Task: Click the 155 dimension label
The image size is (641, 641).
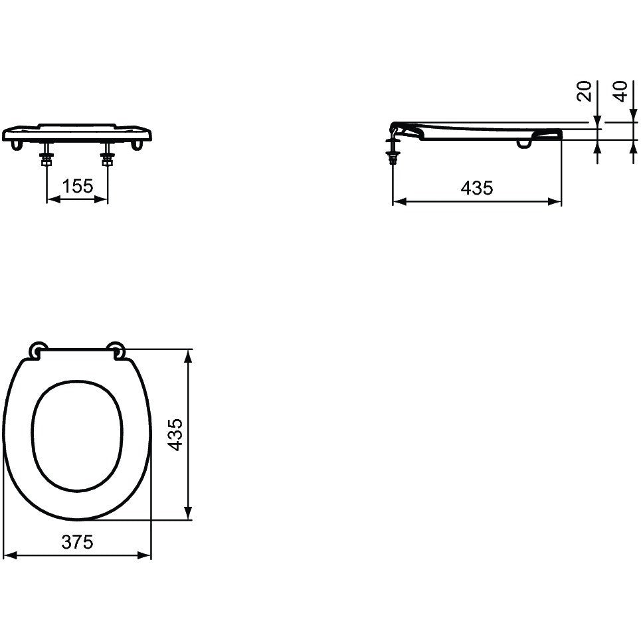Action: pos(78,186)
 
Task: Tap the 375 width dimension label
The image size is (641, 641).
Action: pos(77,542)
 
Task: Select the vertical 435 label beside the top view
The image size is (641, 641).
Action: pos(175,434)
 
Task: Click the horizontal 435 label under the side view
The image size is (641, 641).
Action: pos(477,188)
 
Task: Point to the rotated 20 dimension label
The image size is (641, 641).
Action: pos(584,91)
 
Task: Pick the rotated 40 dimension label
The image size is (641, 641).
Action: pos(620,91)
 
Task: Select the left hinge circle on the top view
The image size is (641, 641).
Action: pos(38,349)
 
